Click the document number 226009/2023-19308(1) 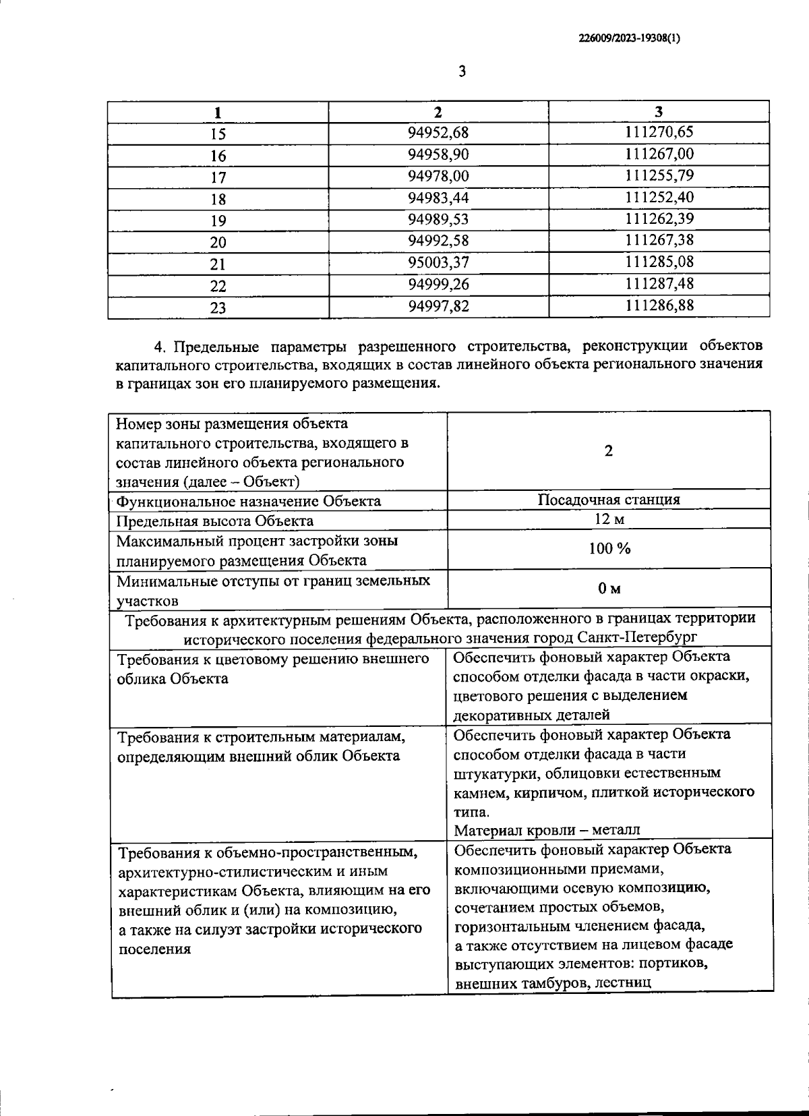tap(628, 38)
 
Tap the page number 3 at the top tap(462, 71)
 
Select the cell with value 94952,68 tap(438, 132)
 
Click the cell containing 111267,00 tap(659, 154)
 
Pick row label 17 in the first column tap(218, 177)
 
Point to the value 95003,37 tap(438, 262)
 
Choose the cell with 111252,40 tap(659, 198)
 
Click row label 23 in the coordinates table tap(218, 307)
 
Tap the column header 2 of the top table tap(438, 111)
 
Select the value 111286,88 tap(659, 305)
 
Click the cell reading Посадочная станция tap(609, 500)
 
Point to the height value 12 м tap(609, 519)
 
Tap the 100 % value tap(609, 548)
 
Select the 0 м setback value tap(609, 589)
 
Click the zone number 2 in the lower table tap(608, 451)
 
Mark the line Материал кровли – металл tap(547, 829)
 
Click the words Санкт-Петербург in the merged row tap(637, 637)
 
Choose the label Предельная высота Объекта tap(214, 521)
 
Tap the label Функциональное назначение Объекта tap(248, 501)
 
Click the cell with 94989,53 tap(438, 219)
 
